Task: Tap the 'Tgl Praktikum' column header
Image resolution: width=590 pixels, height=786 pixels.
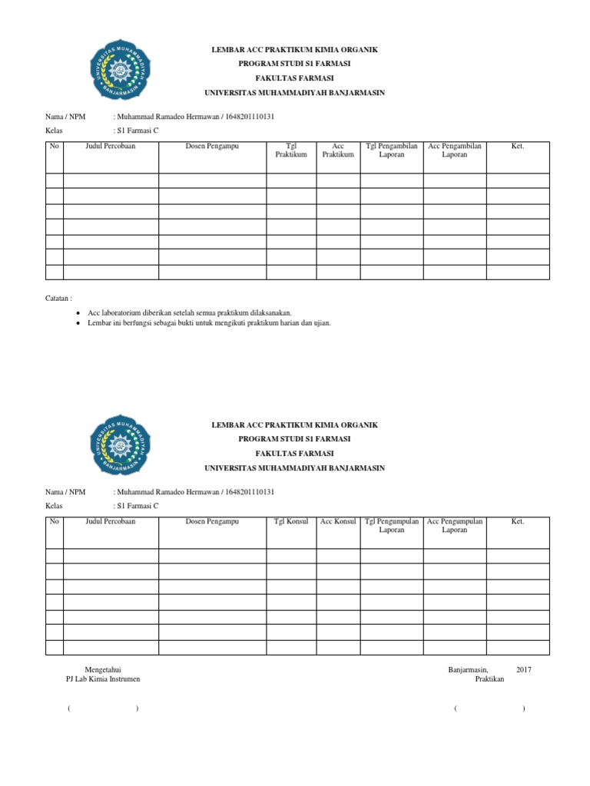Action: click(x=291, y=150)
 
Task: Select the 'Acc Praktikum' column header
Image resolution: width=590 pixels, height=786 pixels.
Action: click(x=338, y=150)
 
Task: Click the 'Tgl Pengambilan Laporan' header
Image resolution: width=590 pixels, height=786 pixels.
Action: click(x=392, y=150)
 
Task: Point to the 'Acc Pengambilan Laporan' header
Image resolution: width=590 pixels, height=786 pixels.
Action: click(x=454, y=150)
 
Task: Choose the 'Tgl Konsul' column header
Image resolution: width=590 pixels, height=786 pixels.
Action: click(x=291, y=522)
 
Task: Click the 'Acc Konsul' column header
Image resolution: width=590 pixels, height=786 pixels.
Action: click(x=338, y=522)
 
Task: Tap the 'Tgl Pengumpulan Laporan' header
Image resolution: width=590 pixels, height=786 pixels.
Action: click(x=392, y=526)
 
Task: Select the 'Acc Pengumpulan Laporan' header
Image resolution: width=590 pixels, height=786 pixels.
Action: click(x=455, y=526)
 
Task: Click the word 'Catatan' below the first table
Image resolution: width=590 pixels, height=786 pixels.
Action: click(x=59, y=297)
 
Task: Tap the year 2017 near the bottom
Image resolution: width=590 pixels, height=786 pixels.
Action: click(x=524, y=669)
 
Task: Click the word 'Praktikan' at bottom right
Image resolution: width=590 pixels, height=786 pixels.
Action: click(x=489, y=679)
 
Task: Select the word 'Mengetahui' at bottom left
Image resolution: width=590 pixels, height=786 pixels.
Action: click(x=103, y=669)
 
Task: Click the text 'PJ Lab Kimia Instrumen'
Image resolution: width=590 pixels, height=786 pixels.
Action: click(x=104, y=679)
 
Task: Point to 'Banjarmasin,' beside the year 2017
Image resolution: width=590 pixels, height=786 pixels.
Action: click(x=468, y=669)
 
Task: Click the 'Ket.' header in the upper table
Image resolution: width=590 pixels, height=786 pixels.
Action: click(x=518, y=146)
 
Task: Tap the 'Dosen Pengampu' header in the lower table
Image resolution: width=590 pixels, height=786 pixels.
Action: click(x=213, y=522)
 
